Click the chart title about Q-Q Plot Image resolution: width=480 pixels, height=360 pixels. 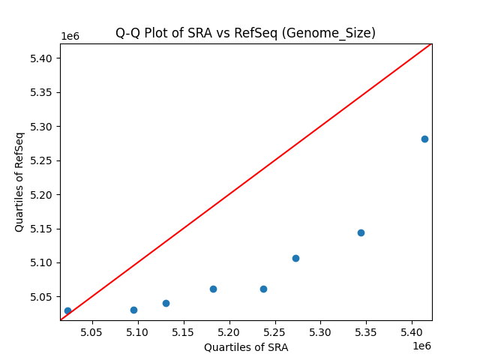click(x=245, y=33)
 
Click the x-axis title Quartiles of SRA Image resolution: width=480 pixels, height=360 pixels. click(x=246, y=347)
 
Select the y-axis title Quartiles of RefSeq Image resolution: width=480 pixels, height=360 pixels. click(x=19, y=181)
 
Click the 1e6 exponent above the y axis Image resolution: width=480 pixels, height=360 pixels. click(x=70, y=36)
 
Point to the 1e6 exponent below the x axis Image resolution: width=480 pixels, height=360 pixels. click(x=421, y=346)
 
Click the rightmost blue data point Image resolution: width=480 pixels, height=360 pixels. click(x=424, y=139)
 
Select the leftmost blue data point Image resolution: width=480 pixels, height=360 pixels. click(x=67, y=310)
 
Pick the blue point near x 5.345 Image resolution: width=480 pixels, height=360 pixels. click(x=361, y=232)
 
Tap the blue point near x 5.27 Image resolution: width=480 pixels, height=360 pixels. click(x=295, y=258)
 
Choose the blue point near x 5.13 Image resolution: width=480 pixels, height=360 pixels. click(x=166, y=303)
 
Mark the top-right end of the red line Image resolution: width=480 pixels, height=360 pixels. click(x=431, y=43)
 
